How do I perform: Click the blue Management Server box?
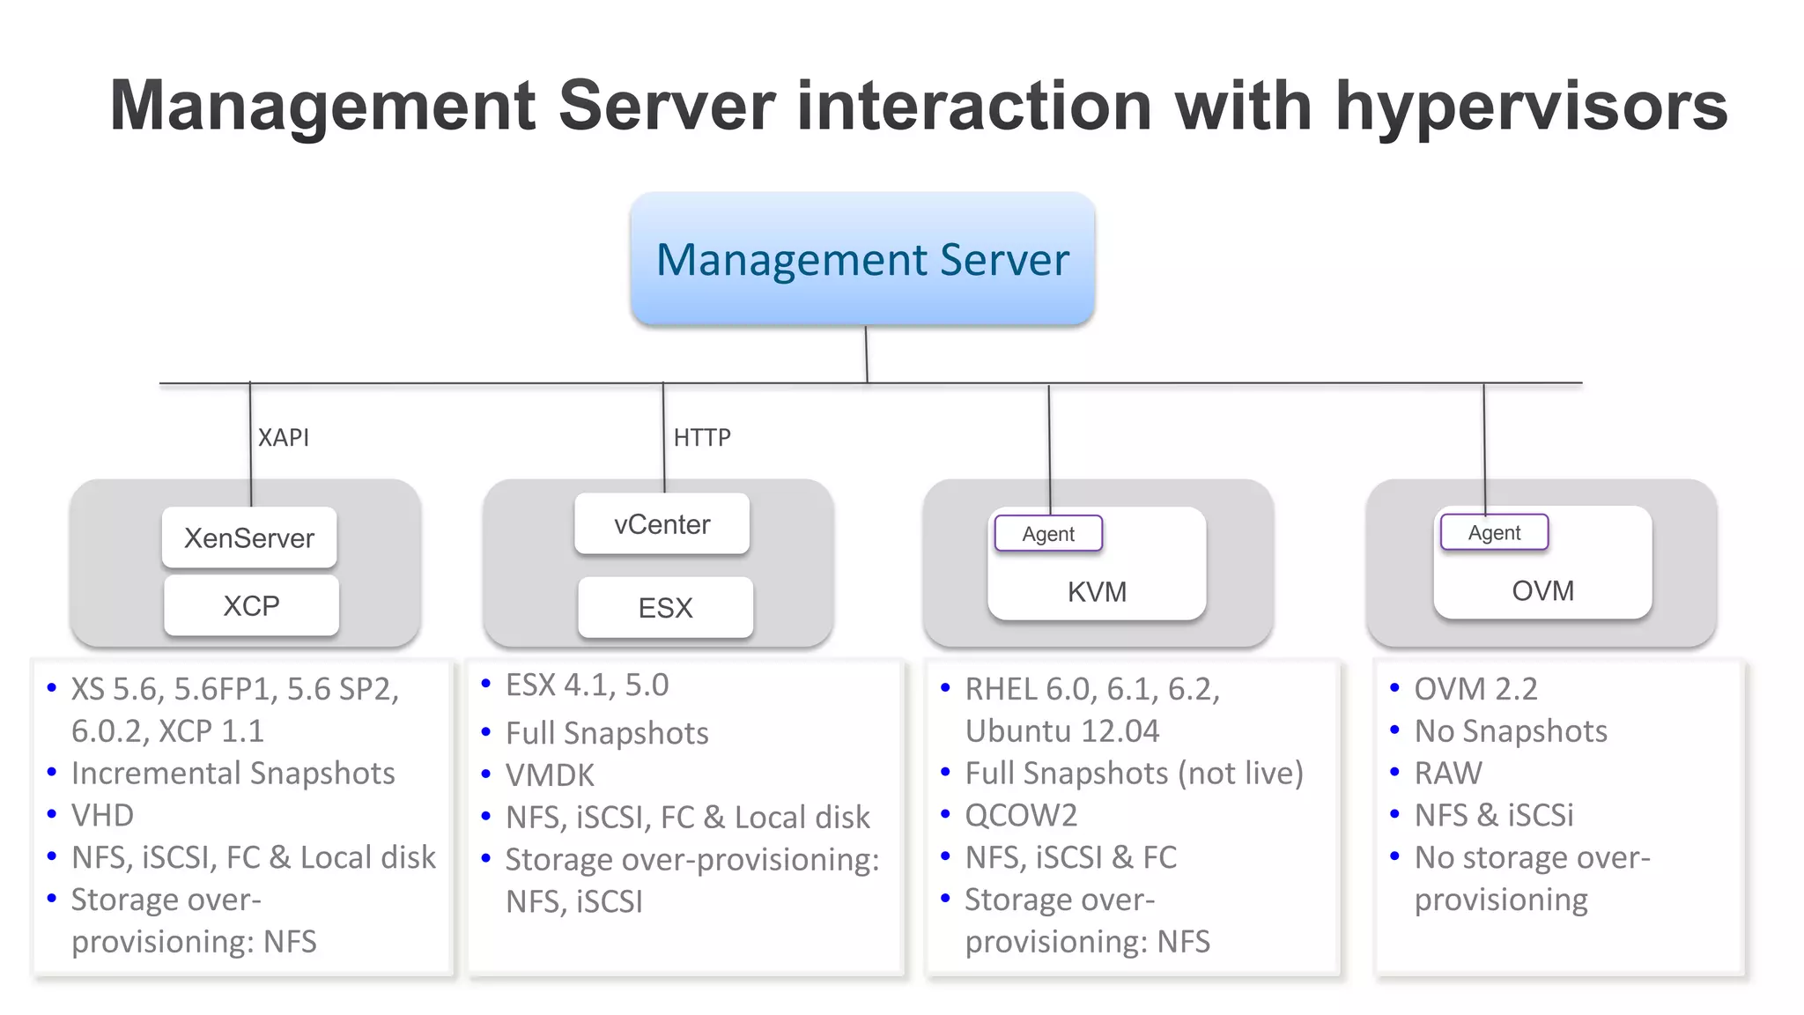pos(862,259)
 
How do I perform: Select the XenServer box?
pos(249,537)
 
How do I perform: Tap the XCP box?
pos(251,606)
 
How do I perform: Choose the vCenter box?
pos(662,524)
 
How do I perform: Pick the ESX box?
pos(665,608)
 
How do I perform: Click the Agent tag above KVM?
pos(1048,534)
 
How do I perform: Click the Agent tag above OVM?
pos(1494,533)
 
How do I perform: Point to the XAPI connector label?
pos(283,437)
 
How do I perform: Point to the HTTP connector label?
pos(702,437)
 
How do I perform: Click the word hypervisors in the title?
pos(1531,106)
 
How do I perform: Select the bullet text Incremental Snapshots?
pos(233,773)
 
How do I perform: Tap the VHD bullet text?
pos(102,815)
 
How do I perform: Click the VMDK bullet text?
pos(550,775)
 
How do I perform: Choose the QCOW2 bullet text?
pos(1021,815)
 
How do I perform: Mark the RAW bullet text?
pos(1448,773)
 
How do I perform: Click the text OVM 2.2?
pos(1475,688)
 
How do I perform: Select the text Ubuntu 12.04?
pos(1062,730)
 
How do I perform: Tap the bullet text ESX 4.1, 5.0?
pos(587,685)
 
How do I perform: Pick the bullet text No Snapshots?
pos(1511,730)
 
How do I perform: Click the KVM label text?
pos(1097,591)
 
